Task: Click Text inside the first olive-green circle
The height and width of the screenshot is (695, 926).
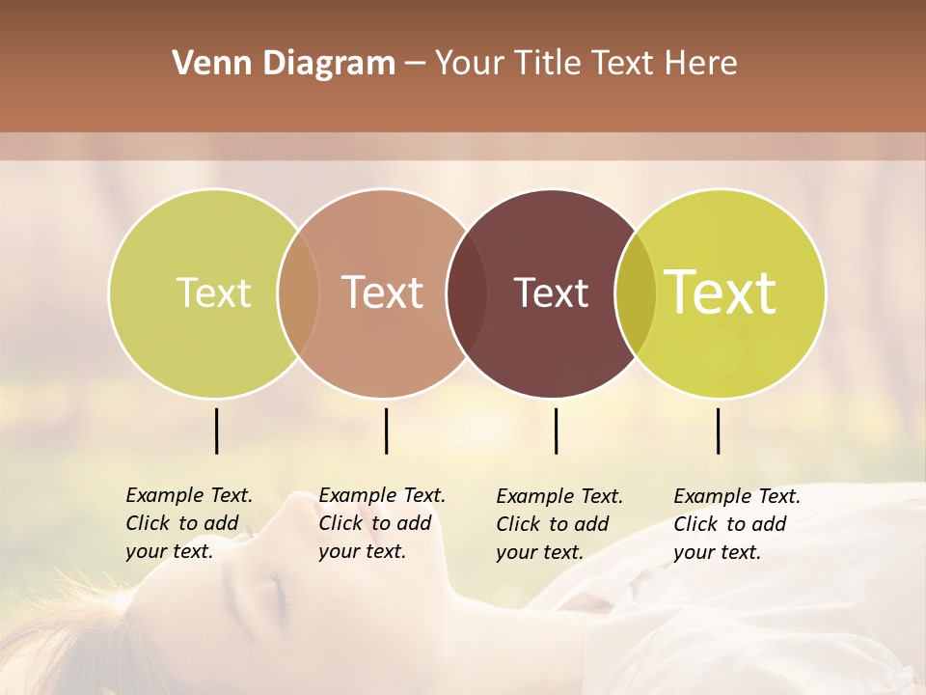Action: tap(213, 292)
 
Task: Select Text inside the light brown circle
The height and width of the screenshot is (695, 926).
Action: tap(383, 292)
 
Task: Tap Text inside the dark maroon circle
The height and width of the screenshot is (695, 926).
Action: tap(552, 292)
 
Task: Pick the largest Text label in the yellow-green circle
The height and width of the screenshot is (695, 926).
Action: tap(721, 292)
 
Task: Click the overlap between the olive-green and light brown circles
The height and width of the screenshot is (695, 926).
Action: tap(298, 292)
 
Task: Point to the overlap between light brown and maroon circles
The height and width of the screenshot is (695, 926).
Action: tap(467, 292)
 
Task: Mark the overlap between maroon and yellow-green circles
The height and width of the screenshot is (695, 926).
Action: tap(636, 292)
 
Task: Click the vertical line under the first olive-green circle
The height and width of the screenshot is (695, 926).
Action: tap(216, 431)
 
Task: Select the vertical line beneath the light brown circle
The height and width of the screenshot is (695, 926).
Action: tap(386, 431)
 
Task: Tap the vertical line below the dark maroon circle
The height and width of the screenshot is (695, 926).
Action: tap(556, 431)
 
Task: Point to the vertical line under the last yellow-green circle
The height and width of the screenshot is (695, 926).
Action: tap(719, 431)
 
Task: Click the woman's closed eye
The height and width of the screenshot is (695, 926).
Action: tap(277, 585)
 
